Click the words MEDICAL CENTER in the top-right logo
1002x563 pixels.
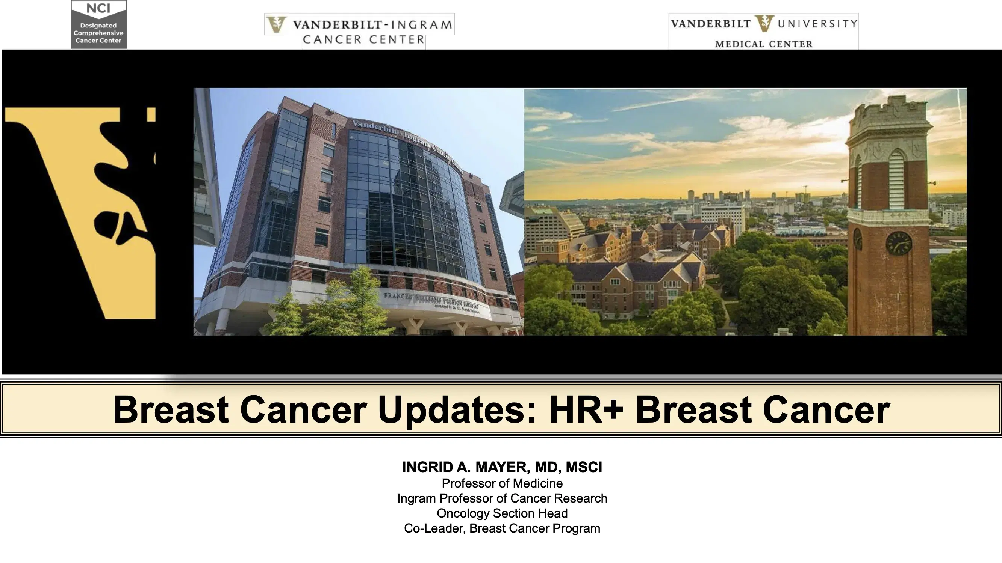click(764, 44)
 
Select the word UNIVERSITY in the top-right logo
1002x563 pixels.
click(817, 24)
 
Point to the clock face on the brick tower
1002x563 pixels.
click(899, 243)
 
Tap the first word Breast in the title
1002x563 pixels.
click(170, 409)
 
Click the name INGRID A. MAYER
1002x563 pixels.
click(465, 467)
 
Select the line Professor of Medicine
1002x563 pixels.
click(502, 483)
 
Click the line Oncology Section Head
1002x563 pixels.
click(502, 513)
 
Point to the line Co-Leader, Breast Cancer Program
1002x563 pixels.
click(502, 528)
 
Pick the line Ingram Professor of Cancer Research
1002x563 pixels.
click(502, 498)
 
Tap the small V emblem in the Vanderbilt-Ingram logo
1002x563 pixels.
click(277, 24)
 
